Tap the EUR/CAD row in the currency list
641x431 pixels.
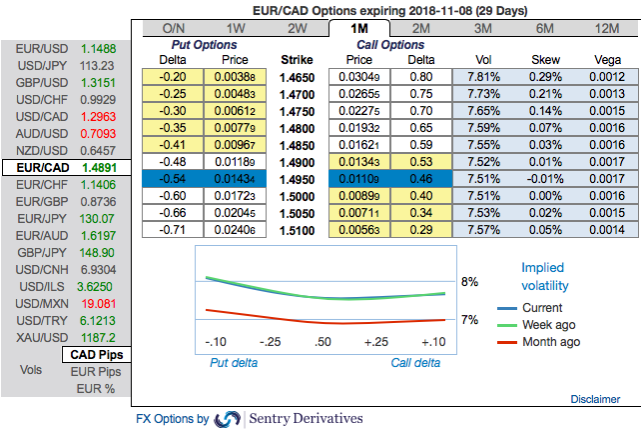(66, 167)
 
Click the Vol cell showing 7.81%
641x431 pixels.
(483, 77)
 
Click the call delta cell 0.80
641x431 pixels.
(421, 77)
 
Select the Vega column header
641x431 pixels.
(606, 59)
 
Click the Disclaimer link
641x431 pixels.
(595, 399)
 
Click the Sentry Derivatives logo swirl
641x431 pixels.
(228, 418)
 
